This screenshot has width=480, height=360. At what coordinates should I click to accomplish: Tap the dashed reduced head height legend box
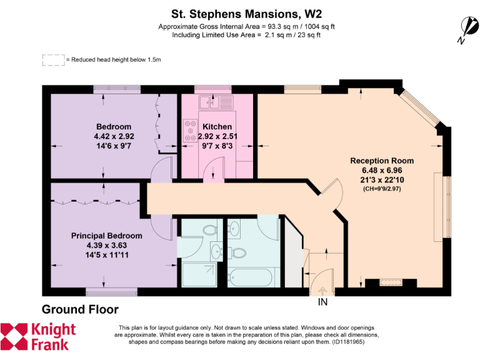(53, 60)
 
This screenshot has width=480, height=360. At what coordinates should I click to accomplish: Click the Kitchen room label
(217, 127)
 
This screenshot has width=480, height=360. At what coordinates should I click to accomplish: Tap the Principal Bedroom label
(106, 236)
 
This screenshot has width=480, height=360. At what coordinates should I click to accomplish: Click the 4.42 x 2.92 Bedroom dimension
(114, 136)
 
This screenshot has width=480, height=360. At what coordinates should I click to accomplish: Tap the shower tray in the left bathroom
(197, 273)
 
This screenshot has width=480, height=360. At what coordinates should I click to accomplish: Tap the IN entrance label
(323, 302)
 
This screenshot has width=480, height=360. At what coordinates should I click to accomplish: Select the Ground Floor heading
(79, 309)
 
